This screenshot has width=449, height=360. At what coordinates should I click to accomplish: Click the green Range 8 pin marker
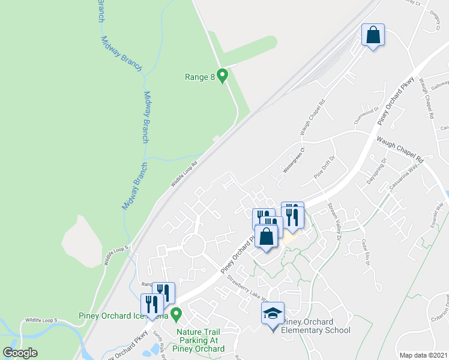[x=222, y=76]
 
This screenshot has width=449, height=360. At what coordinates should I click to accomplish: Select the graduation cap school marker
[x=272, y=313]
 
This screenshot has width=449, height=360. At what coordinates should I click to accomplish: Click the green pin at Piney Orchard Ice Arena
[x=176, y=313]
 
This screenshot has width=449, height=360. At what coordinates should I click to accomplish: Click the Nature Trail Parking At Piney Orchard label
[x=200, y=340]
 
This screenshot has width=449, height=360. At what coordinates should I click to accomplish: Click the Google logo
[x=20, y=353]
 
